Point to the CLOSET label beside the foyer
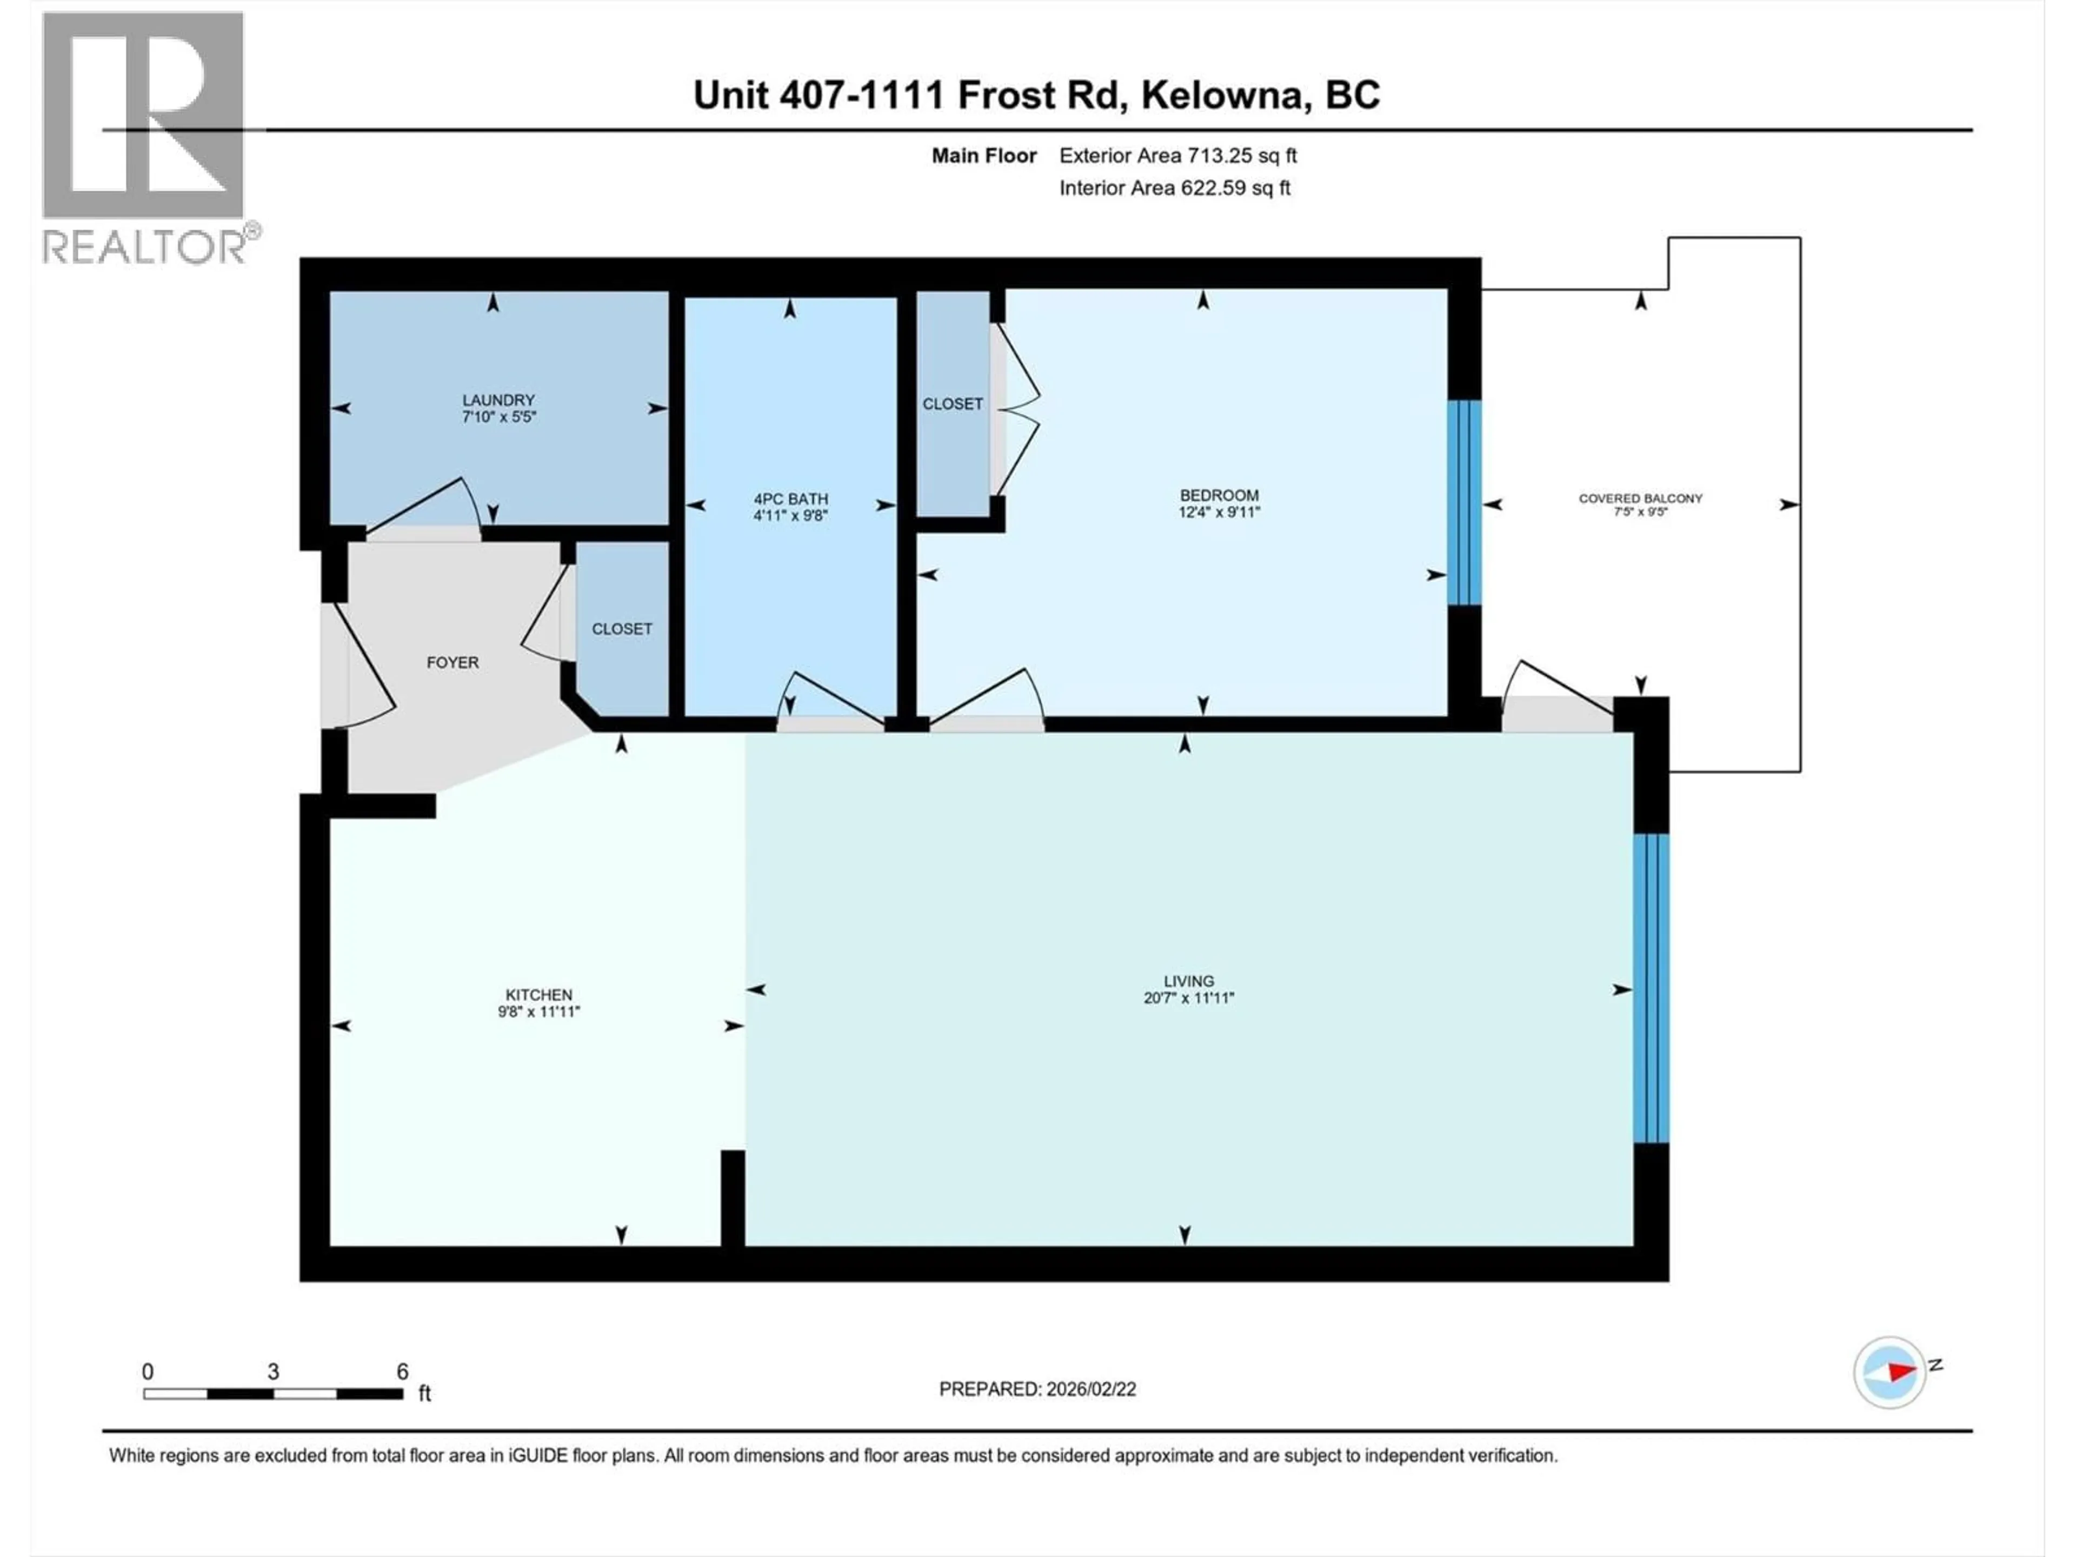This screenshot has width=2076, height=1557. click(x=621, y=629)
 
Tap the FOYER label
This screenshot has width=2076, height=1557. click(x=453, y=663)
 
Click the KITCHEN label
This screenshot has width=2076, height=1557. click(x=538, y=995)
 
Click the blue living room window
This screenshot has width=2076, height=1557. click(x=1651, y=988)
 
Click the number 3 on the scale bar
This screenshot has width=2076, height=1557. click(x=273, y=1371)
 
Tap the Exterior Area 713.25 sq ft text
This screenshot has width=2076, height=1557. click(x=1178, y=156)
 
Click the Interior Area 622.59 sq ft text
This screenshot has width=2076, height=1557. click(x=1174, y=188)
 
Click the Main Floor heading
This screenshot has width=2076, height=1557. click(x=983, y=156)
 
